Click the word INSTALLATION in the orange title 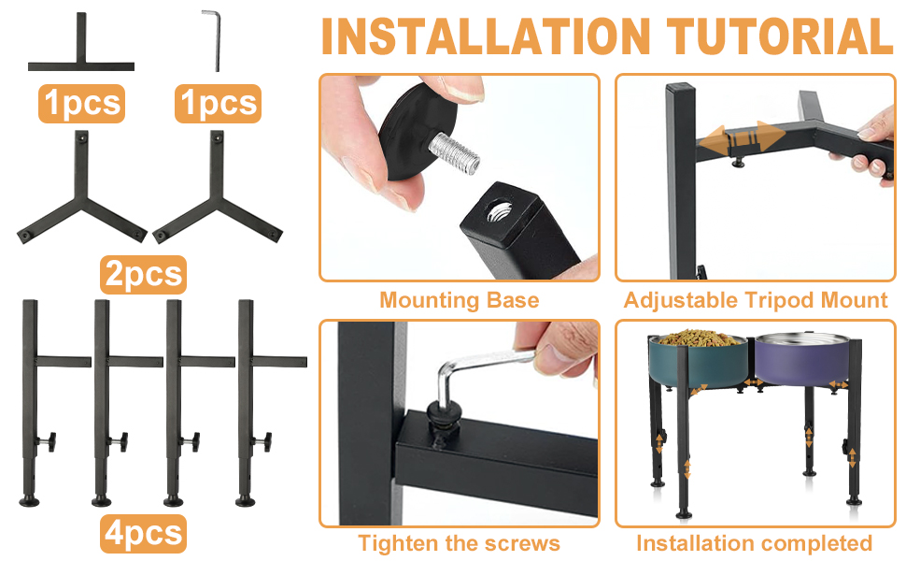486,37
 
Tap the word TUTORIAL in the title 781,37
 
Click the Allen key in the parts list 214,39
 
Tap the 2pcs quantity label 143,274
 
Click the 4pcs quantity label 143,533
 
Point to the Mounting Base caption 460,300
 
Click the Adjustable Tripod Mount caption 756,300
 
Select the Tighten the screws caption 460,543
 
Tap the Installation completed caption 754,543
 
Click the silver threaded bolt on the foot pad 454,153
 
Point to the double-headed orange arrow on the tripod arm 742,137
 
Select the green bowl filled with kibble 698,360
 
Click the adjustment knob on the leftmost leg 48,442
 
